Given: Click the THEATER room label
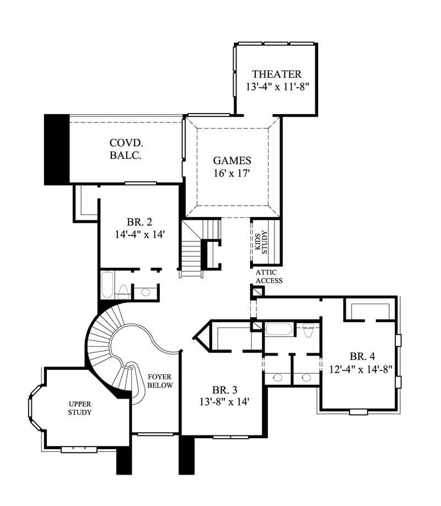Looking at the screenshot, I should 276,74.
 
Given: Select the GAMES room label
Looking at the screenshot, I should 232,161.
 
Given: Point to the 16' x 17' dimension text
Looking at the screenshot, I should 232,174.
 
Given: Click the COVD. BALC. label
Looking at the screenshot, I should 126,149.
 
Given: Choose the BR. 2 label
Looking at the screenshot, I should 139,223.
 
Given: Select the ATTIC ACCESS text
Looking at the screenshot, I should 269,277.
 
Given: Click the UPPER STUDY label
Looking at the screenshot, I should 80,407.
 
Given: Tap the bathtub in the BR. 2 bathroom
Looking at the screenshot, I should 107,286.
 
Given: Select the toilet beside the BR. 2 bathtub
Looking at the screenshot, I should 124,290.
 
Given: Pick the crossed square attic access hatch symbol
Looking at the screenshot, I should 257,292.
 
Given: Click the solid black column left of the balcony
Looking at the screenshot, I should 56,149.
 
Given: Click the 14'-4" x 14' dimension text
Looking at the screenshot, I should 139,235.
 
